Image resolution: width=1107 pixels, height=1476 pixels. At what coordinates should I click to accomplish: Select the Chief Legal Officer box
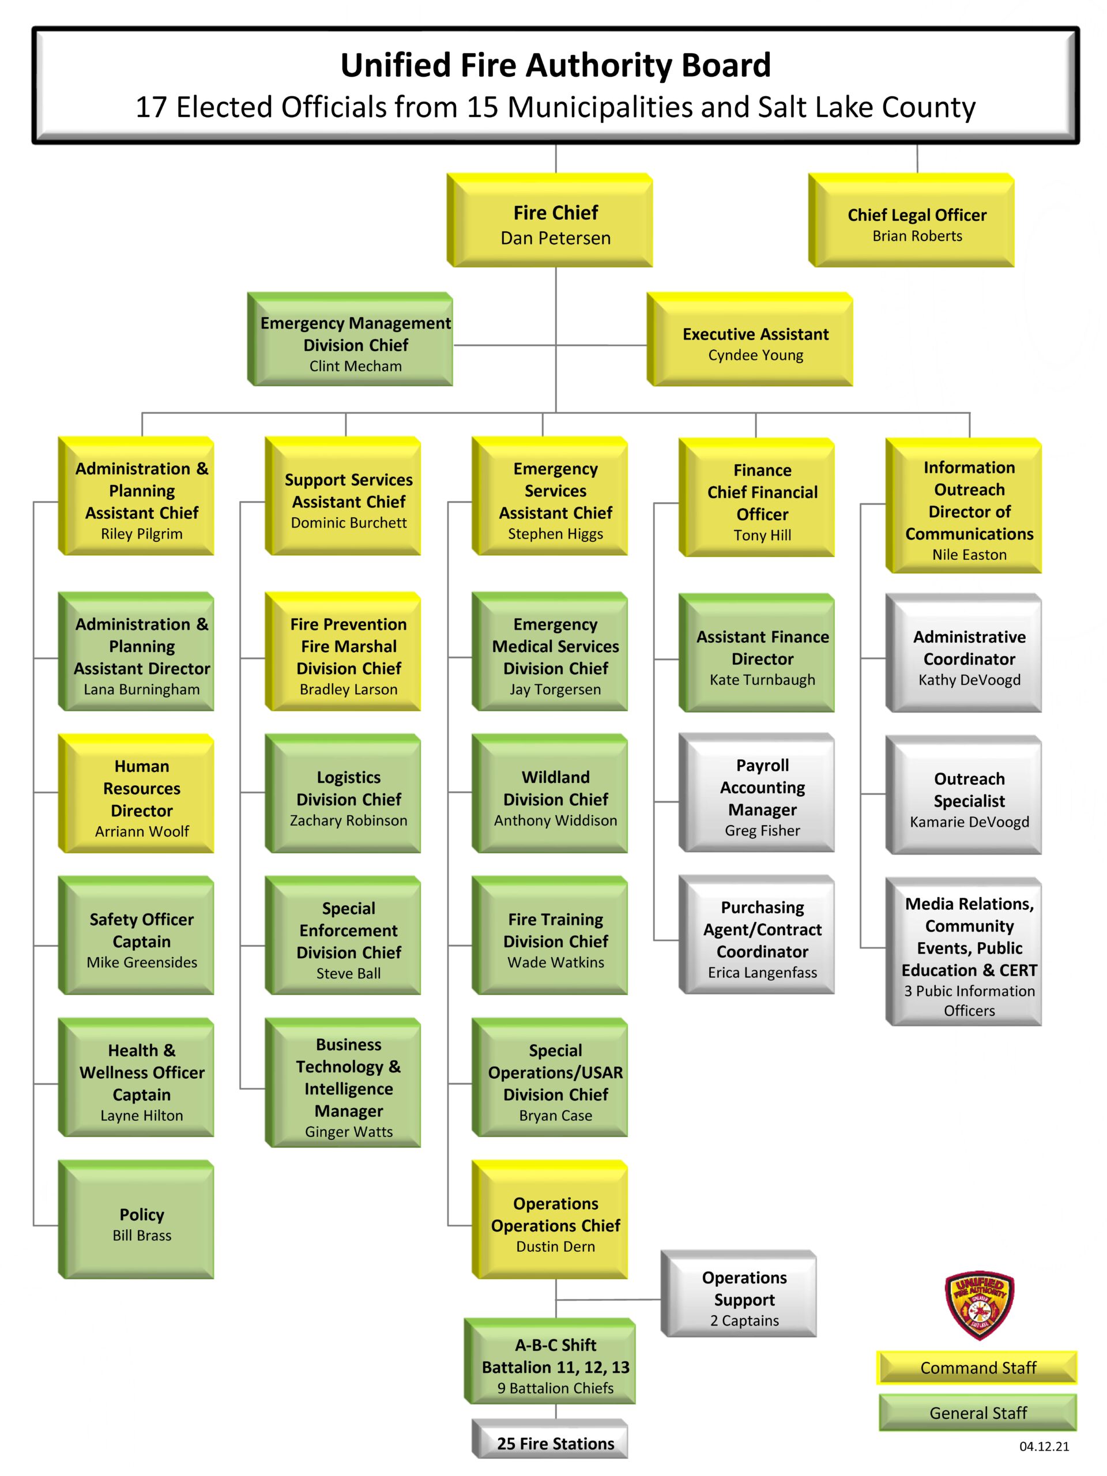coord(917,223)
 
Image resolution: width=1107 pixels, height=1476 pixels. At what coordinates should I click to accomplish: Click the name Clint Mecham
coord(355,366)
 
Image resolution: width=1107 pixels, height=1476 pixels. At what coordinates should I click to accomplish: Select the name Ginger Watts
coord(348,1132)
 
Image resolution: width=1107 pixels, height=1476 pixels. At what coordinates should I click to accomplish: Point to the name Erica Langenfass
coord(762,972)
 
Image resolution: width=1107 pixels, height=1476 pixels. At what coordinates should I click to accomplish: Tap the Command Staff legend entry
coord(977,1368)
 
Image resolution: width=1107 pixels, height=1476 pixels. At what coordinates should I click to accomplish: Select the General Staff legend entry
coord(977,1413)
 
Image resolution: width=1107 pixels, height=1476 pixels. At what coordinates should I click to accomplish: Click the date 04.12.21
coord(1044,1447)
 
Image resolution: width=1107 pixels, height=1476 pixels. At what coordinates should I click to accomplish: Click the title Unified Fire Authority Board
coord(555,65)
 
